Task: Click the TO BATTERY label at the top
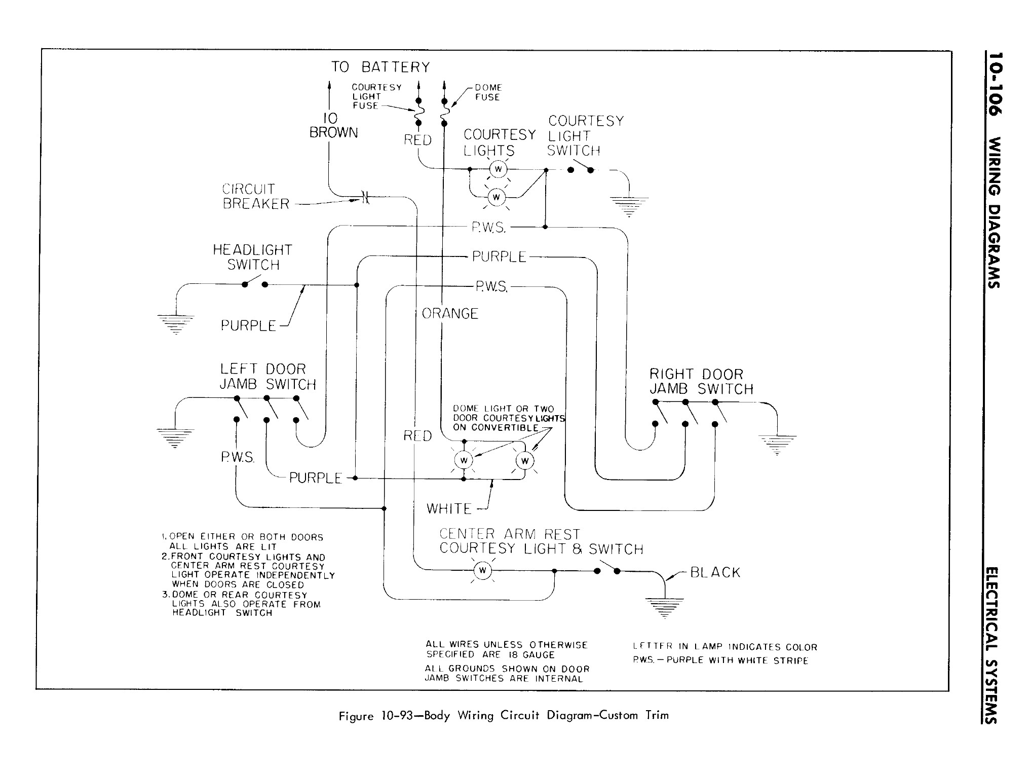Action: coord(380,67)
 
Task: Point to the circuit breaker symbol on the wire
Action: coord(365,197)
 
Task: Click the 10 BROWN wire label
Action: coord(333,126)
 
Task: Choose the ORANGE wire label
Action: coord(450,314)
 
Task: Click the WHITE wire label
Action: coord(449,508)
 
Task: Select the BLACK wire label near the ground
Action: coord(715,572)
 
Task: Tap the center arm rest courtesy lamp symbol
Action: coord(482,571)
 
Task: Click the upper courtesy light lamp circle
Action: coord(498,169)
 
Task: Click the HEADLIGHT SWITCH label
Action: coord(252,257)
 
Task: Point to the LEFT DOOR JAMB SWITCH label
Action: coord(267,377)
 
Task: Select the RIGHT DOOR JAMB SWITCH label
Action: coord(701,382)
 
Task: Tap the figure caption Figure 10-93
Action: coord(504,715)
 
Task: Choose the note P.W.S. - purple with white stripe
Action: coord(720,660)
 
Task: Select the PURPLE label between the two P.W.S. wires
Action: coord(499,256)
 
